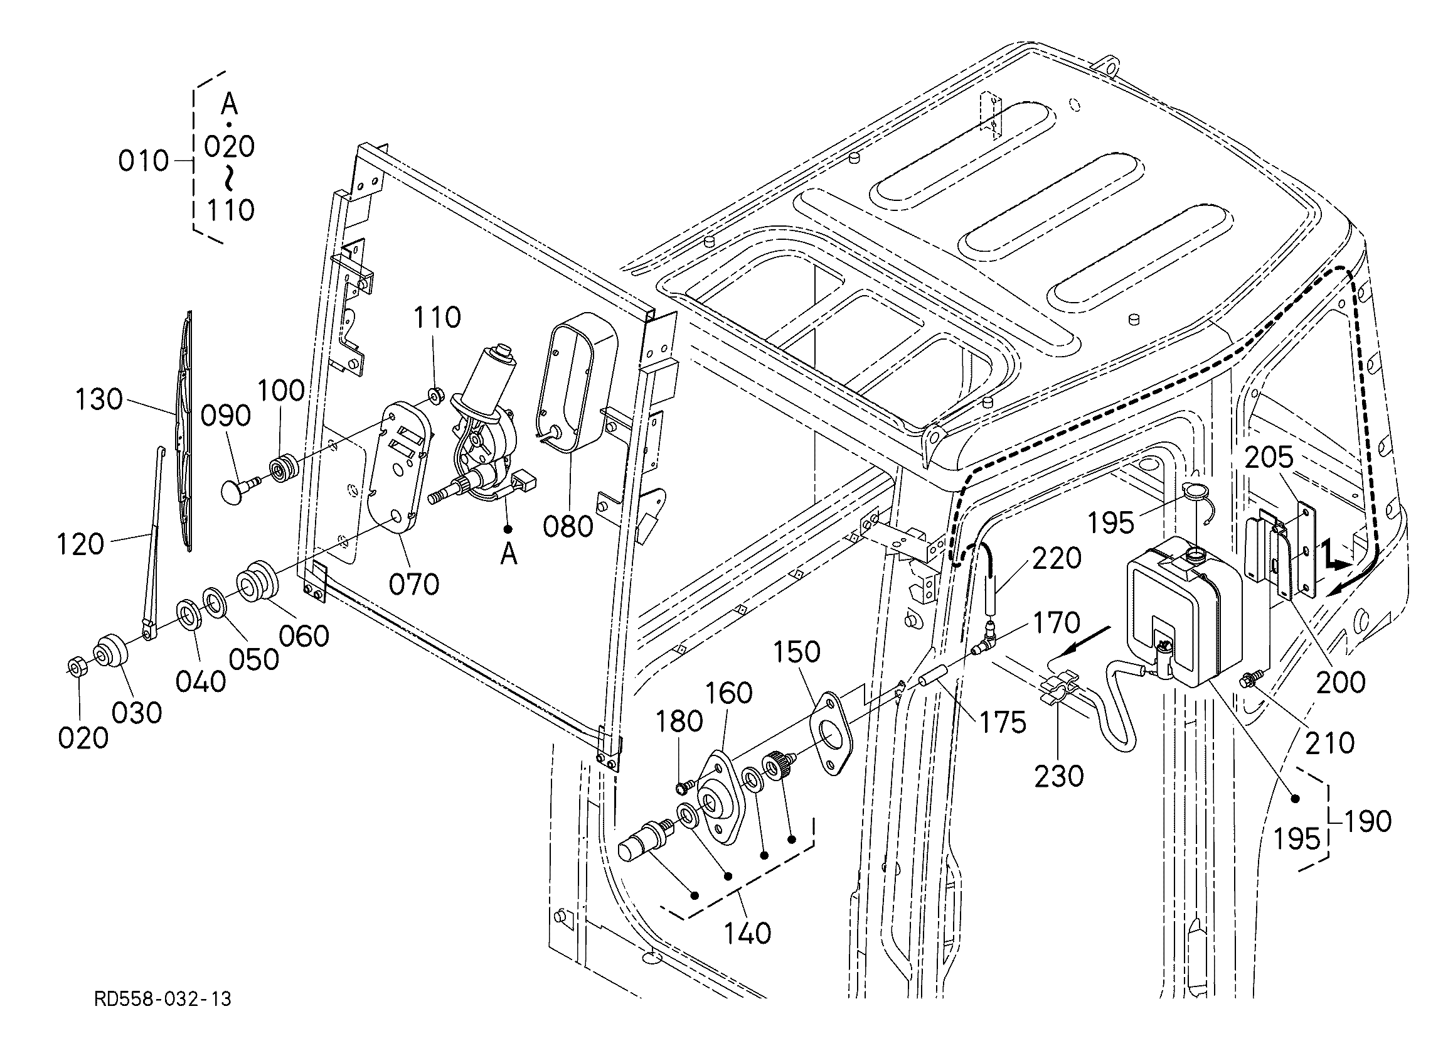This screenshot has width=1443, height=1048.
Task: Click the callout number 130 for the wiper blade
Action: coord(99,400)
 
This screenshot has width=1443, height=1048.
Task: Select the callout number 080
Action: coord(568,527)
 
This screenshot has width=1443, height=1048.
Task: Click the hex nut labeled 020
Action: coord(78,668)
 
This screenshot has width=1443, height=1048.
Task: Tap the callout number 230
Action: coord(1058,775)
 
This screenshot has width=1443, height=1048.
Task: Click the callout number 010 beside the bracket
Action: coord(144,161)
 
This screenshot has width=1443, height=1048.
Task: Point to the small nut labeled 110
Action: coord(436,396)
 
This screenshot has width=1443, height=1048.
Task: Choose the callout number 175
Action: coord(1003,722)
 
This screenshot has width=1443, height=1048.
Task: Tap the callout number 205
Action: coord(1269,457)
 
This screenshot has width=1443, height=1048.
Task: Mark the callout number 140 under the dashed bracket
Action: coord(748,933)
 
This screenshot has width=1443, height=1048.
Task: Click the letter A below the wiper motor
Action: coord(508,555)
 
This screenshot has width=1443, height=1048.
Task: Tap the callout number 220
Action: coord(1057,558)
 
